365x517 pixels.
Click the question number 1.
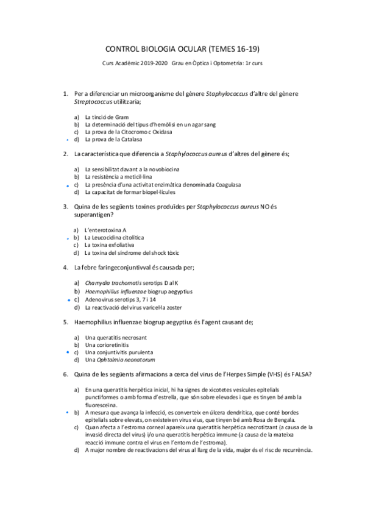click(x=65, y=94)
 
